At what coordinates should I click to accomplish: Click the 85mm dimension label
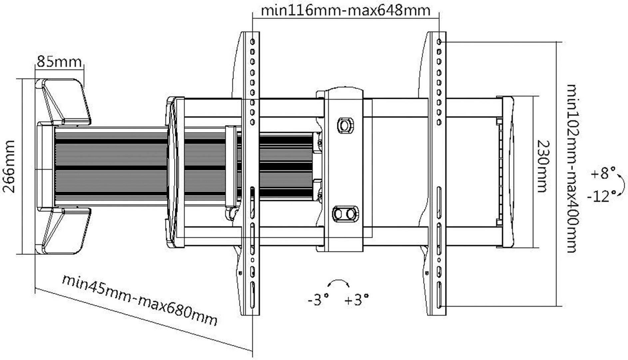point(59,62)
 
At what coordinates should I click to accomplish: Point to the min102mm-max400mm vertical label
point(572,168)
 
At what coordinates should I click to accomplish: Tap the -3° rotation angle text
point(318,300)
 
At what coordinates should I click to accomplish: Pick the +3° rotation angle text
point(356,300)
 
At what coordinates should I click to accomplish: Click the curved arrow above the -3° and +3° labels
point(338,283)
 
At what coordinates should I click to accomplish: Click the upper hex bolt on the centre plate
point(345,125)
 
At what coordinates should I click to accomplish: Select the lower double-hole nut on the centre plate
point(345,214)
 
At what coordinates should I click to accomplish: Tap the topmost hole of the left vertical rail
point(252,42)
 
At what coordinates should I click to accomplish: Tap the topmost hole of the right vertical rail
point(439,42)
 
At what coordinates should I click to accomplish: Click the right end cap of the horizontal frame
point(508,172)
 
